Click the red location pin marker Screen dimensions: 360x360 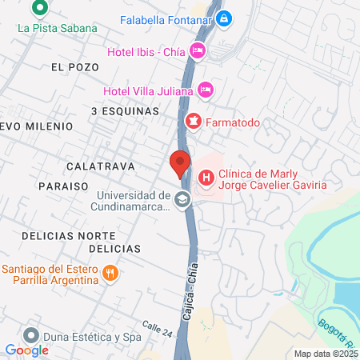click(x=180, y=162)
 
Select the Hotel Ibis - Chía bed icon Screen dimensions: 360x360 click(x=198, y=52)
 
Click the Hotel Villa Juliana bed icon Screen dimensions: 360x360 click(x=206, y=89)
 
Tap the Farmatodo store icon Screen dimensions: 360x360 click(x=192, y=121)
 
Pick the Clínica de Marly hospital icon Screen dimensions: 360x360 click(x=206, y=178)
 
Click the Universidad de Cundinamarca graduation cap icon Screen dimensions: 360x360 click(x=183, y=199)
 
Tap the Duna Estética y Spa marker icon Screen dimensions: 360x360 click(x=31, y=334)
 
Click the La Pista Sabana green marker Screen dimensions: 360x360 click(x=38, y=10)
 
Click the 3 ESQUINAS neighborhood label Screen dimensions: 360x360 click(x=125, y=111)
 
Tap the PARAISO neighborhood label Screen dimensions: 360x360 click(x=62, y=186)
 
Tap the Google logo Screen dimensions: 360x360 click(x=26, y=350)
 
